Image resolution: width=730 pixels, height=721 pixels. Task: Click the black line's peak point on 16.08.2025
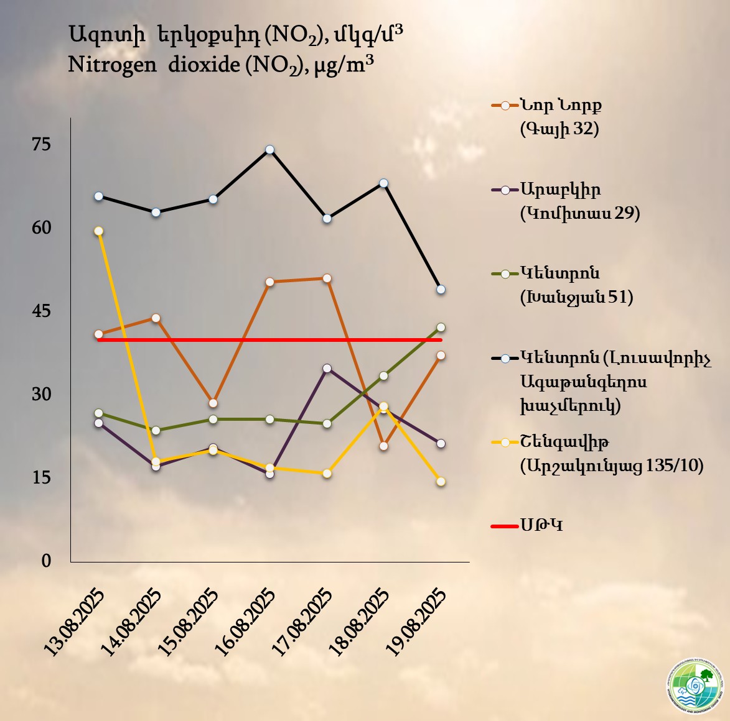click(x=270, y=150)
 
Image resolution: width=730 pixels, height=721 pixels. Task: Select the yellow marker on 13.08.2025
click(x=98, y=231)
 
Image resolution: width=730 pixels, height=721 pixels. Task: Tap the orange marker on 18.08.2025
click(x=383, y=446)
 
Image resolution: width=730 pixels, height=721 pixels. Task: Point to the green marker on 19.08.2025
click(x=441, y=327)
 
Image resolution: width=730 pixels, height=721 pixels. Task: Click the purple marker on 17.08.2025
click(x=327, y=368)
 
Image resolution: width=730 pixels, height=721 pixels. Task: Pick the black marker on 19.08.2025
click(x=441, y=289)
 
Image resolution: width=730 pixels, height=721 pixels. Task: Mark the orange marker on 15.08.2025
click(x=213, y=403)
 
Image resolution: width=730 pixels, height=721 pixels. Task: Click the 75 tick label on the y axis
click(x=41, y=144)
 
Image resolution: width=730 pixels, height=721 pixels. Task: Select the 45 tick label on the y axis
click(x=41, y=311)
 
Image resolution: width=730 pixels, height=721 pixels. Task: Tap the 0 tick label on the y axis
click(x=46, y=561)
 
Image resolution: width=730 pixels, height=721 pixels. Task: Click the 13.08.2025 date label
click(x=74, y=621)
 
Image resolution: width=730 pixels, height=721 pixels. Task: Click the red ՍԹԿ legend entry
click(x=541, y=526)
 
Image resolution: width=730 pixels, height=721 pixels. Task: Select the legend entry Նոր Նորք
click(x=561, y=105)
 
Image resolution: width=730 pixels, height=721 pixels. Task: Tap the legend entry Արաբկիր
click(x=561, y=189)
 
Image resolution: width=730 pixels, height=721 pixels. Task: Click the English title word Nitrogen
click(x=112, y=64)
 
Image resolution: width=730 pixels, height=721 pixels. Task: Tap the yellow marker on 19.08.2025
click(x=441, y=481)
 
